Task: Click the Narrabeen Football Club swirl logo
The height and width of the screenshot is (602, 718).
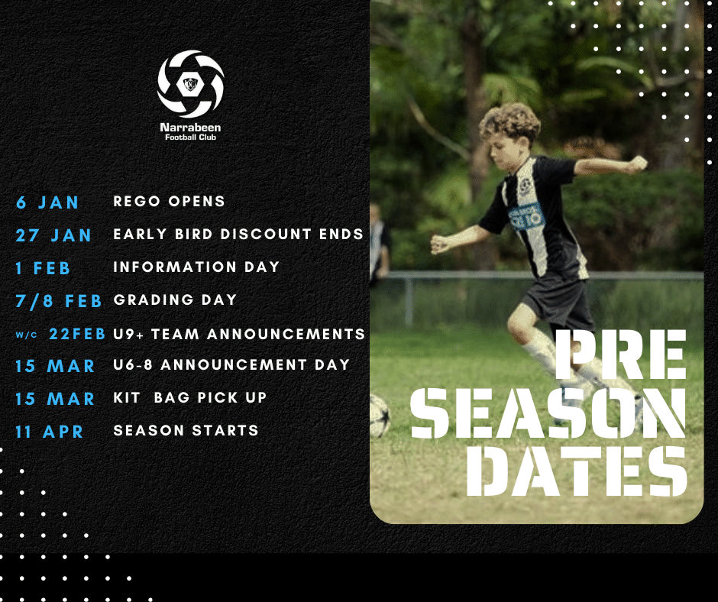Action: [190, 84]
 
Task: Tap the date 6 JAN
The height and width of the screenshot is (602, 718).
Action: [47, 202]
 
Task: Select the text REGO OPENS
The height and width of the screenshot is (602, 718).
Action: [169, 201]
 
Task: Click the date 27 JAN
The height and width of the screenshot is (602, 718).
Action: [53, 235]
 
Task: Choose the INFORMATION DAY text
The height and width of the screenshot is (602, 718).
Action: [196, 267]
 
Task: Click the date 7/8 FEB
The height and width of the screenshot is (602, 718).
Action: [59, 301]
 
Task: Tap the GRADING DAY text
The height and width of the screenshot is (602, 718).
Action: [176, 299]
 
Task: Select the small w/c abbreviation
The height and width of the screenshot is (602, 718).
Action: [26, 335]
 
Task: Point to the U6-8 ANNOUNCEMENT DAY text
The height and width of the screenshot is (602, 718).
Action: [231, 364]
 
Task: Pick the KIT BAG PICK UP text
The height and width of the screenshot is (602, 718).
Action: [189, 398]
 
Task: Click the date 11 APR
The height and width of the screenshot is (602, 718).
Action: [50, 432]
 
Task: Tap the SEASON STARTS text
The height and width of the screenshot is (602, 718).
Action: [186, 431]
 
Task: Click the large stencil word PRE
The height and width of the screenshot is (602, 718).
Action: [620, 354]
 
